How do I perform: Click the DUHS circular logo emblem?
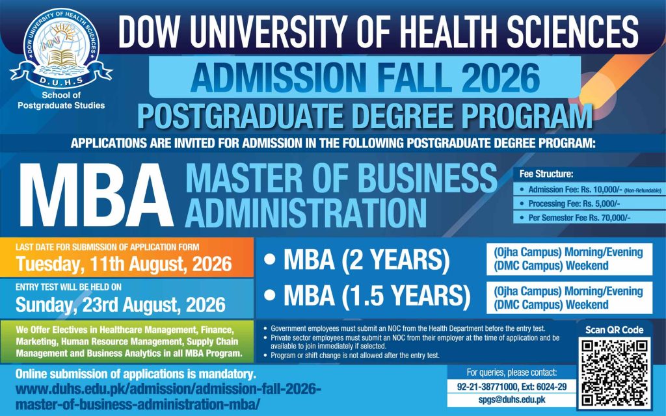(61, 47)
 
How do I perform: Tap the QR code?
(614, 372)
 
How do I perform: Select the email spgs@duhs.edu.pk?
(512, 400)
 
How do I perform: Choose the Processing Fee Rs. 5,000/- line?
(574, 203)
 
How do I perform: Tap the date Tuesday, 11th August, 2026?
(124, 264)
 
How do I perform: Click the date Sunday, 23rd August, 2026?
(120, 305)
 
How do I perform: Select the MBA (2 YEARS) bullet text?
(366, 260)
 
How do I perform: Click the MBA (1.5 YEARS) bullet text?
(377, 296)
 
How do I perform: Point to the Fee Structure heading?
(546, 174)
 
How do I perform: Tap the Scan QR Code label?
(614, 330)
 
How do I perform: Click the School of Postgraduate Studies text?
(61, 100)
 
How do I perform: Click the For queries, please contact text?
(511, 372)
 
